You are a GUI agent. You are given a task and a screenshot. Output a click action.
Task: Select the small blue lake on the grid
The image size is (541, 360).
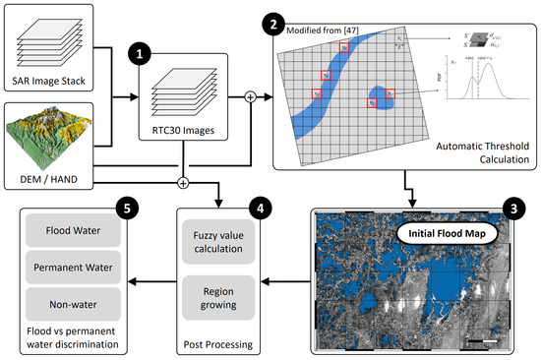coord(379,95)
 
